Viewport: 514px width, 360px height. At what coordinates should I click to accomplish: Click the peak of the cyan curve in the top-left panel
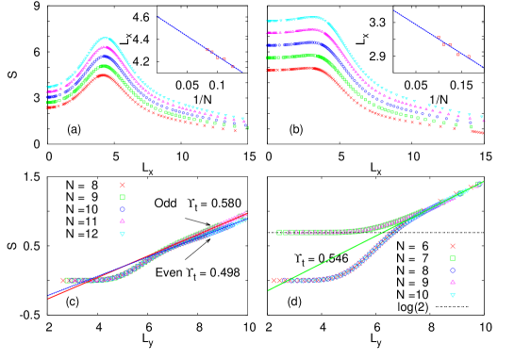(x=106, y=39)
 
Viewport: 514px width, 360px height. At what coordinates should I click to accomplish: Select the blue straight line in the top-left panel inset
(x=199, y=44)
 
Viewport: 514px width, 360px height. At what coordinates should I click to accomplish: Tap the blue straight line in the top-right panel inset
(x=438, y=39)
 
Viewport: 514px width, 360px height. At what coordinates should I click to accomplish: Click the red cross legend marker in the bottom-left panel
(x=122, y=185)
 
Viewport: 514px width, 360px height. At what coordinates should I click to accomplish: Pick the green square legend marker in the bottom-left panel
(x=122, y=197)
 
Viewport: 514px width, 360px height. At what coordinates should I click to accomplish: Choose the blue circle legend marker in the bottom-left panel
(x=122, y=209)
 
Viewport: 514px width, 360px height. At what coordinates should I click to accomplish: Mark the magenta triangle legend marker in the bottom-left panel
(x=122, y=221)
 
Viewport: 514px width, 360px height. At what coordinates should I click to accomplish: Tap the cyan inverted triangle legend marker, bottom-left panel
(x=122, y=234)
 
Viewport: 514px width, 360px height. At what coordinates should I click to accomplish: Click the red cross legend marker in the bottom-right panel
(x=452, y=246)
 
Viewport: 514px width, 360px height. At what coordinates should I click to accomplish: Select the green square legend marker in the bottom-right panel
(x=452, y=258)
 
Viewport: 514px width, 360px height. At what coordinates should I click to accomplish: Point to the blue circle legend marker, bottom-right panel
(x=452, y=270)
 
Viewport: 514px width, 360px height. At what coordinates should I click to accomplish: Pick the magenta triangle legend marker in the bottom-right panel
(x=452, y=282)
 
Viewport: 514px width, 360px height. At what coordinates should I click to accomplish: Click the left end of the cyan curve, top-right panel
(x=269, y=21)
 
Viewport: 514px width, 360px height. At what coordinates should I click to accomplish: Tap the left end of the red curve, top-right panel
(x=269, y=70)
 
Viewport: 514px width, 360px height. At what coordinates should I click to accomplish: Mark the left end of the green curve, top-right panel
(x=269, y=57)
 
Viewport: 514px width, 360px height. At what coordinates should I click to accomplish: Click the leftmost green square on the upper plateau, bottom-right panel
(x=279, y=232)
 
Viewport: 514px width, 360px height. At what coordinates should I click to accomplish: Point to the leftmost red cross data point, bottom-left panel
(x=63, y=280)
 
